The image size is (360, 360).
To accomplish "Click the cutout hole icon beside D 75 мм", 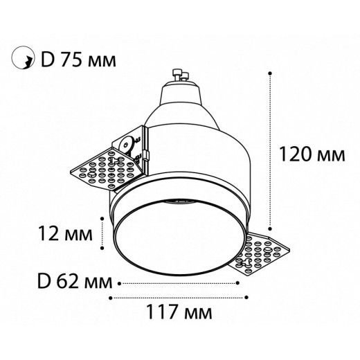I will pyautogui.click(x=22, y=60).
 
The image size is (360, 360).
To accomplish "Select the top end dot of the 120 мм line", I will pyautogui.click(x=269, y=72).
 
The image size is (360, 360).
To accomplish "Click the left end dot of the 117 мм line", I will pyautogui.click(x=111, y=298).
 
